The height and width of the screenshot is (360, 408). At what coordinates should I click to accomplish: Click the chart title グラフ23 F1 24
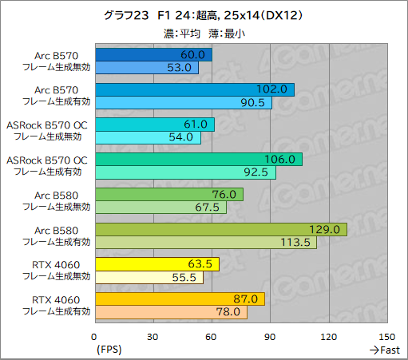point(203,15)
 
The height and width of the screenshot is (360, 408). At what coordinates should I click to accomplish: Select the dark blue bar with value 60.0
point(153,55)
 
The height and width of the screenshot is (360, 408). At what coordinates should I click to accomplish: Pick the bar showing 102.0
point(194,89)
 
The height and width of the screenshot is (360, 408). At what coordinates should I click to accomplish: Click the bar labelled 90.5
point(183,103)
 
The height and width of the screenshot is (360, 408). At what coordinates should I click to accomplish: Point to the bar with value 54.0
point(147,138)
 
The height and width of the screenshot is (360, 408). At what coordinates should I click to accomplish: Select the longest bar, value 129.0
point(220,230)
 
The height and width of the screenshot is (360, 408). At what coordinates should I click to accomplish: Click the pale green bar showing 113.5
point(205,243)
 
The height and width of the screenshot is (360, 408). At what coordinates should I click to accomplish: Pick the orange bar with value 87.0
point(179,299)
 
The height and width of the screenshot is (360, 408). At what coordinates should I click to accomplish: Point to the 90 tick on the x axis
point(270,337)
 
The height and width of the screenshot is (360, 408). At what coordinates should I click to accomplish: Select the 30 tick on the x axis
point(153,337)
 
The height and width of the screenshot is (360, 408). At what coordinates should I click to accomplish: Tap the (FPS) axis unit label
point(109,350)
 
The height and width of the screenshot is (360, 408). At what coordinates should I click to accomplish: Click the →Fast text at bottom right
point(384,350)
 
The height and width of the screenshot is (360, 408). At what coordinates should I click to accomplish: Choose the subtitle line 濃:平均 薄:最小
point(203,33)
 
